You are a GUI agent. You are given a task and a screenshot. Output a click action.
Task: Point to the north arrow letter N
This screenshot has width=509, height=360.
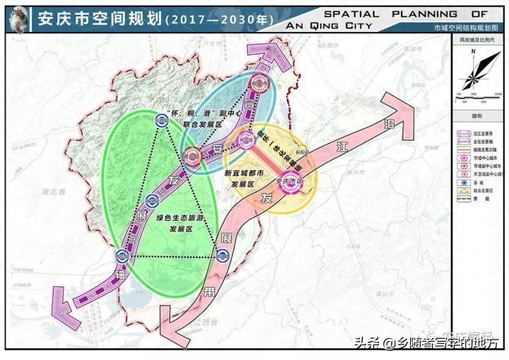(x=476, y=52)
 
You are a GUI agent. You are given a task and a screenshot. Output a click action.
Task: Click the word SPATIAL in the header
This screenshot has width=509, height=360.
(x=351, y=13)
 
